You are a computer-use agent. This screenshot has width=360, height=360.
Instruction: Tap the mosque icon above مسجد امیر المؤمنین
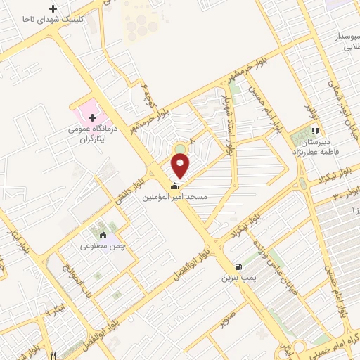coord(174,186)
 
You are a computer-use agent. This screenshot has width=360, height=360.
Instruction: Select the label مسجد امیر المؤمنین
coord(175,198)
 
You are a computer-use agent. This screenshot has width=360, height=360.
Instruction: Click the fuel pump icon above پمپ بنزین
coord(239,267)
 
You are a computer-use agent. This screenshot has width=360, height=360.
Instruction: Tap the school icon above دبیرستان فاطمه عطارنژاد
coord(316,130)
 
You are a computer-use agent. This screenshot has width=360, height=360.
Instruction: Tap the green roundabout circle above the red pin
coord(181,148)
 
